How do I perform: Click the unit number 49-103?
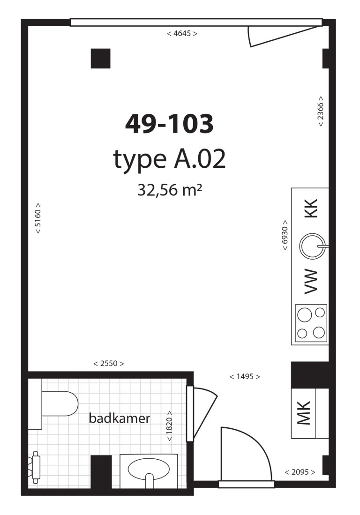coord(169,124)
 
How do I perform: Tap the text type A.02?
coord(169,160)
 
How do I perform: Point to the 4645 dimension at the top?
coord(182,34)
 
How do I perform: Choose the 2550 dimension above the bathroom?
coord(109,364)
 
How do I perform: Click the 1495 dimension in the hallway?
coord(244,376)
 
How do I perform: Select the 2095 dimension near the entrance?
coord(300,472)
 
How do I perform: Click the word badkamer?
coord(120,418)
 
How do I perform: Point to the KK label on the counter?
coord(311,209)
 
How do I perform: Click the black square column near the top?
coord(100,59)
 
